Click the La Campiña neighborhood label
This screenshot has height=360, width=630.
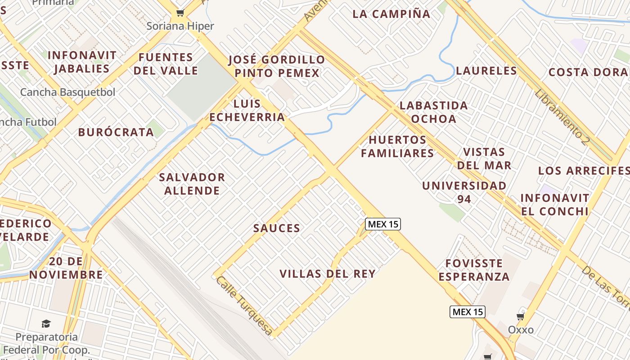391,14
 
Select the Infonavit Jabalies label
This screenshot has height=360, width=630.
81,62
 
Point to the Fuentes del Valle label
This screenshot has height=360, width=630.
166,64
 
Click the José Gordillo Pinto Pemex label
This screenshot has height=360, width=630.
277,66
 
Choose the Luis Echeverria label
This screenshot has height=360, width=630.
247,111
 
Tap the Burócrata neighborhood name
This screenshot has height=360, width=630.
116,132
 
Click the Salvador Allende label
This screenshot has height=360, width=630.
192,184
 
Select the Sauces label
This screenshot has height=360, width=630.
276,228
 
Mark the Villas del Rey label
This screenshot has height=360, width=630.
327,274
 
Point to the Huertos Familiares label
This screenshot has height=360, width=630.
397,146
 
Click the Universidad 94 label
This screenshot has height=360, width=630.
464,192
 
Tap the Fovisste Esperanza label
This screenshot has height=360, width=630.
474,270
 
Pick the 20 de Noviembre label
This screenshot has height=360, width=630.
66,268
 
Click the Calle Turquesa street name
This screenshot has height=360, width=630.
244,306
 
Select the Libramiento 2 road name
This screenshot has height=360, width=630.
562,117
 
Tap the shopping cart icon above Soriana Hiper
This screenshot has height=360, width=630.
180,13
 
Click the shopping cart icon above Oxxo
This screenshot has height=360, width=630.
521,317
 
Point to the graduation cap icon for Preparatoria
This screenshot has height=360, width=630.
46,324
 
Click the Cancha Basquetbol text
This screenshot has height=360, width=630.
67,92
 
